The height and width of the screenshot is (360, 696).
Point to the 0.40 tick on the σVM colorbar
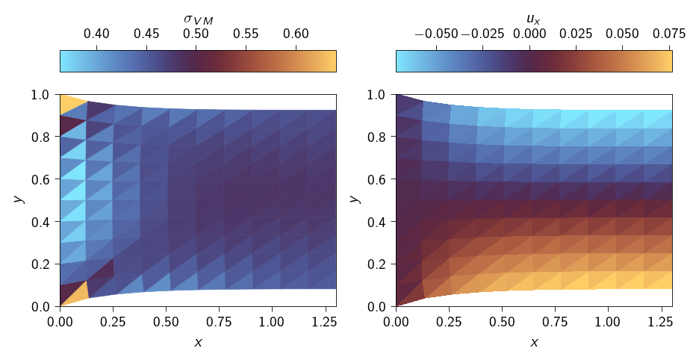pyautogui.click(x=97, y=50)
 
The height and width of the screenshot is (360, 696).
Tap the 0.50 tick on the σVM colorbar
pyautogui.click(x=196, y=50)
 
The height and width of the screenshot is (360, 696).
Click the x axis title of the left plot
pyautogui.click(x=198, y=342)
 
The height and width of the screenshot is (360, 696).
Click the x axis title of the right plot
pyautogui.click(x=534, y=342)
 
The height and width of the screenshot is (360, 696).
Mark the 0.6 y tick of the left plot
pyautogui.click(x=60, y=179)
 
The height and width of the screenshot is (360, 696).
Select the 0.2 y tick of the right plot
pyautogui.click(x=396, y=264)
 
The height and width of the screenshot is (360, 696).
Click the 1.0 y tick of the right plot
pyautogui.click(x=396, y=95)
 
